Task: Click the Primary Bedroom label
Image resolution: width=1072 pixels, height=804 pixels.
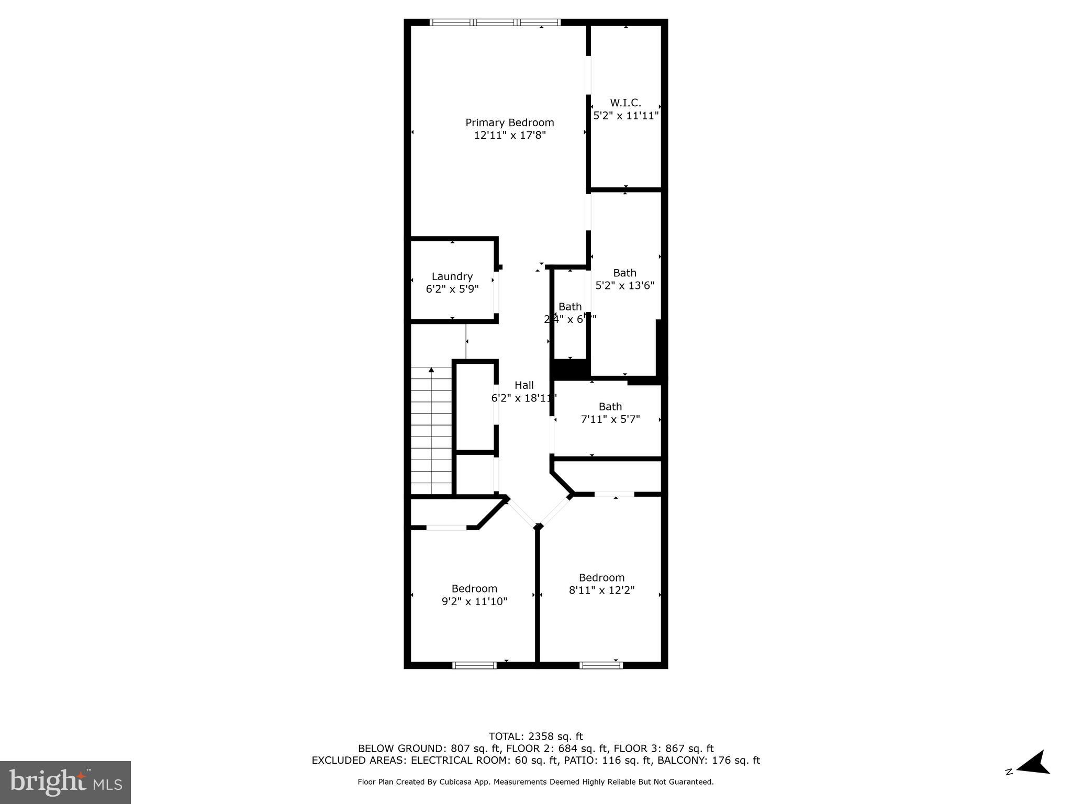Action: pyautogui.click(x=509, y=122)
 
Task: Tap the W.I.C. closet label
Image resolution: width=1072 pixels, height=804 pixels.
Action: pyautogui.click(x=625, y=103)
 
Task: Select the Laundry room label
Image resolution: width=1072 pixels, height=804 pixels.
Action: pyautogui.click(x=452, y=276)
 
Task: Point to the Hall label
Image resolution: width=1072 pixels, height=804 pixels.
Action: pyautogui.click(x=524, y=385)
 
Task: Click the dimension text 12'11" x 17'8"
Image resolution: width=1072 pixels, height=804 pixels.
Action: pyautogui.click(x=510, y=136)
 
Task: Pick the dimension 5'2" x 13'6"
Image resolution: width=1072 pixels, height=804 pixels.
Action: pyautogui.click(x=625, y=286)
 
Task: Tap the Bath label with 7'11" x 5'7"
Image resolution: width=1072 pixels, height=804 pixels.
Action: pyautogui.click(x=610, y=407)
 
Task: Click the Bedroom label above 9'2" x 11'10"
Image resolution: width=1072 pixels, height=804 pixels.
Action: pyautogui.click(x=474, y=589)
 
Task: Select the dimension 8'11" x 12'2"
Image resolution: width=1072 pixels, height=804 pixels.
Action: pyautogui.click(x=601, y=590)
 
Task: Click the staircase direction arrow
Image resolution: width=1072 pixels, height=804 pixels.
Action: pyautogui.click(x=431, y=371)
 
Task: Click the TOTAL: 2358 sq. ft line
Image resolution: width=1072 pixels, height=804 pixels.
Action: pyautogui.click(x=535, y=736)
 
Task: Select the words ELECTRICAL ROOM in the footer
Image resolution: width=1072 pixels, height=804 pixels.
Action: pyautogui.click(x=454, y=761)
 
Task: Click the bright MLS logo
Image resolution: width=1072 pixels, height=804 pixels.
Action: pyautogui.click(x=65, y=782)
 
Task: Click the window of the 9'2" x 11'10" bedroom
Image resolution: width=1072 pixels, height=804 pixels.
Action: pyautogui.click(x=474, y=665)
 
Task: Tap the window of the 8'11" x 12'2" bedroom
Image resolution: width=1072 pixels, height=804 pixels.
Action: pyautogui.click(x=601, y=665)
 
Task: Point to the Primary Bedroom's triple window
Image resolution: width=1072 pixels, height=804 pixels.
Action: pyautogui.click(x=495, y=23)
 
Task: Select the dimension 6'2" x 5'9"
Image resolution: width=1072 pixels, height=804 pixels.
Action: pyautogui.click(x=452, y=289)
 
